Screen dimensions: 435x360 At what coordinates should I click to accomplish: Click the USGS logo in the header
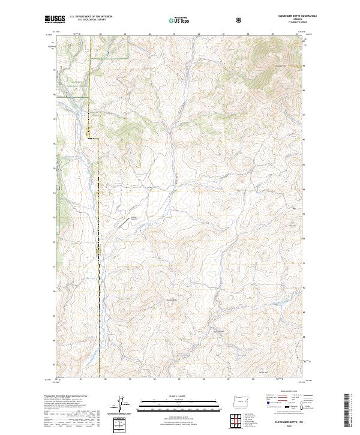click(53, 20)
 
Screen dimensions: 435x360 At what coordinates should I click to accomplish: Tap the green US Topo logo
click(179, 20)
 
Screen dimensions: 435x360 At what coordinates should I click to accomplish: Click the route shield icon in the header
click(240, 20)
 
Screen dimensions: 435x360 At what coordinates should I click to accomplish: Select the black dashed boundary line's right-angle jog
click(95, 139)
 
